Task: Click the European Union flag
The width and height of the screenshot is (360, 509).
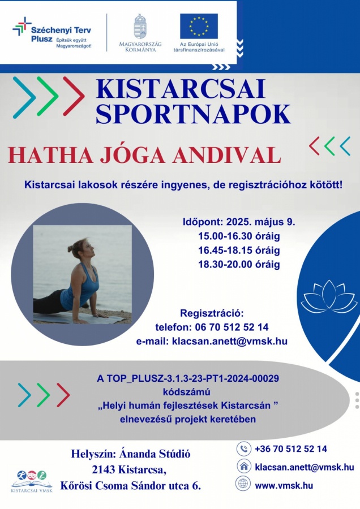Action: pyautogui.click(x=199, y=26)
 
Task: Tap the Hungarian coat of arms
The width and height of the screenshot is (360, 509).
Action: pyautogui.click(x=140, y=26)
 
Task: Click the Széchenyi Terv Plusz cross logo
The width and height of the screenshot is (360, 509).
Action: pyautogui.click(x=22, y=27)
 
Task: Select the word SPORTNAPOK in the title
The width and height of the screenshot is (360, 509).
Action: pyautogui.click(x=194, y=114)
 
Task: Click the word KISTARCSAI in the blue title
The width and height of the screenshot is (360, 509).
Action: pyautogui.click(x=181, y=89)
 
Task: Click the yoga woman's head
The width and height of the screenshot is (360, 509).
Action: pyautogui.click(x=80, y=250)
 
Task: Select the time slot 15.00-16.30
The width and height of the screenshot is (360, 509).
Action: pyautogui.click(x=225, y=236)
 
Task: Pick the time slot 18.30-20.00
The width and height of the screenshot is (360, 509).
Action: pyautogui.click(x=225, y=264)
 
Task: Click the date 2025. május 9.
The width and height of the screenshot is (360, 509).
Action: pyautogui.click(x=261, y=222)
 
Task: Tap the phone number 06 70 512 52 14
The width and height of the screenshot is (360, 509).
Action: pyautogui.click(x=232, y=327)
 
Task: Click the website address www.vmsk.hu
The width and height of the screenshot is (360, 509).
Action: pyautogui.click(x=284, y=486)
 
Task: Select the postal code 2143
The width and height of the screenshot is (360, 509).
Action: pyautogui.click(x=104, y=470)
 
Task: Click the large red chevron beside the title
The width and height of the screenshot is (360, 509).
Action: pyautogui.click(x=74, y=96)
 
